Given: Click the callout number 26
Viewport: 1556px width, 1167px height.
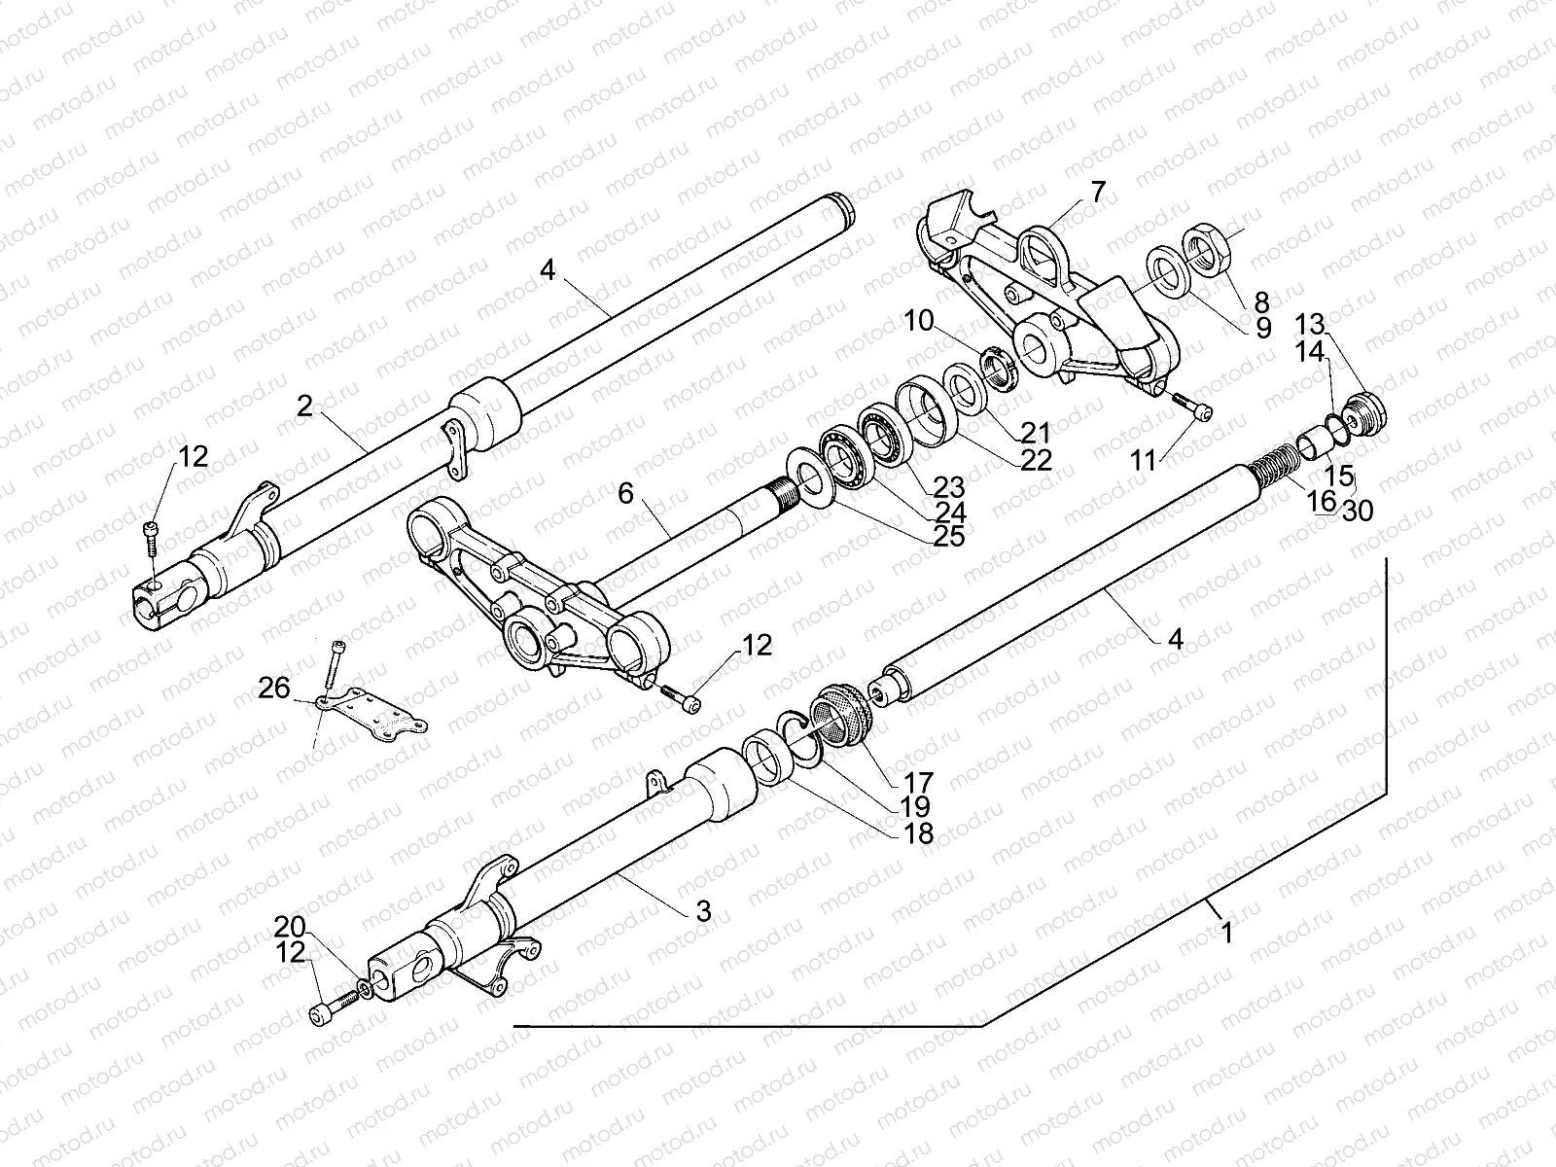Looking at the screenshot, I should [274, 689].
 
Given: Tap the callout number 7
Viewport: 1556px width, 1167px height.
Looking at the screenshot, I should [1098, 192].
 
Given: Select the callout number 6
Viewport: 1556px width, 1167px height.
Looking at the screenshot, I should [624, 493].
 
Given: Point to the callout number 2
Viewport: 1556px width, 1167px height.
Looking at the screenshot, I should [305, 406].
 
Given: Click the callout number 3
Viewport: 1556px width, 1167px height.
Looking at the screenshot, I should [702, 911].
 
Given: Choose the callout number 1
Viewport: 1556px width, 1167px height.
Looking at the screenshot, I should [1227, 933].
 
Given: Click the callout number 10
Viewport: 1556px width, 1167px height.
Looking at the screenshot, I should [920, 319].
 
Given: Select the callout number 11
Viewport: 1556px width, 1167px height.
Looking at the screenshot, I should [1145, 461].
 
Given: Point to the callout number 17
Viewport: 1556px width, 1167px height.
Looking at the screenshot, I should [919, 781].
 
